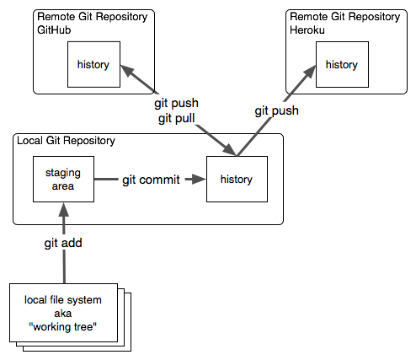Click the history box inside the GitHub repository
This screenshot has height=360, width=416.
click(93, 64)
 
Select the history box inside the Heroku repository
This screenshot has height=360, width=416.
click(341, 64)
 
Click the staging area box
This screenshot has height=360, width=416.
click(62, 179)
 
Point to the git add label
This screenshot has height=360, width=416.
click(64, 244)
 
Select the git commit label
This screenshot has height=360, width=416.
click(151, 180)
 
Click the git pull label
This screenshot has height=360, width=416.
click(176, 118)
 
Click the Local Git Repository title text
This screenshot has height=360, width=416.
click(66, 140)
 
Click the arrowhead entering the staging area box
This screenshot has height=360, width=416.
click(63, 210)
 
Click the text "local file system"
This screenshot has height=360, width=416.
click(63, 299)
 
